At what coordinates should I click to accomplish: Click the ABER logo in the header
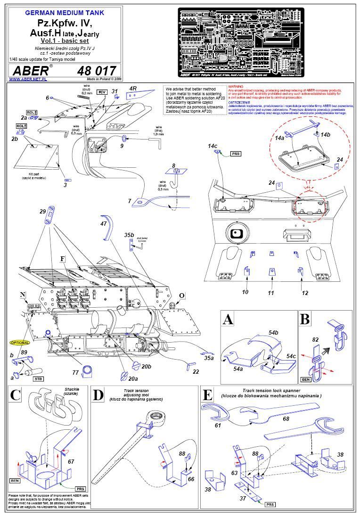click(28, 71)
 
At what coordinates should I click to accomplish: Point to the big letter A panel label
click(228, 320)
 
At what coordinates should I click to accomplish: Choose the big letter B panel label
click(305, 319)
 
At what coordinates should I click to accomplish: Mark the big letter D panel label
click(98, 395)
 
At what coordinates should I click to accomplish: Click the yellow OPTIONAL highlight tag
click(19, 343)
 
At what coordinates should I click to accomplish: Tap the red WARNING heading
click(236, 87)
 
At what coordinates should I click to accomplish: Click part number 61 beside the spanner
click(218, 425)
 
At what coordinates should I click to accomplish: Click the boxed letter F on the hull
click(62, 259)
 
